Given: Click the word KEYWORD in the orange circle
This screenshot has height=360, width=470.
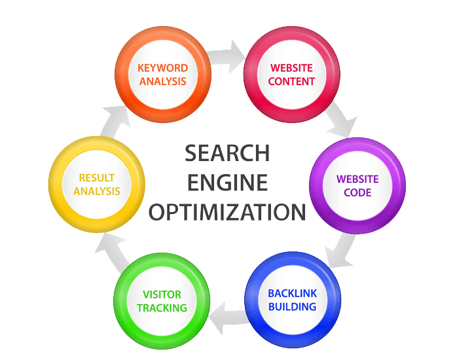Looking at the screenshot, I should (x=163, y=68).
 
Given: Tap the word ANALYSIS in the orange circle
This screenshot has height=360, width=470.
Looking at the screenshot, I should (x=163, y=82).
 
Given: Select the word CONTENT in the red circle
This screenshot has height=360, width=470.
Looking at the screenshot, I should (x=293, y=82).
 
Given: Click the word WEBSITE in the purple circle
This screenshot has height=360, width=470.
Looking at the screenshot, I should (x=357, y=179).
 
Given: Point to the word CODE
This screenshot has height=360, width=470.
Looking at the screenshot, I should (x=357, y=192).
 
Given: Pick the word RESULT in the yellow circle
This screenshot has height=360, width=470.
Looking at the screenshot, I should (x=97, y=177).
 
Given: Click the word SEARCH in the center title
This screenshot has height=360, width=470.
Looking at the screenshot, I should (x=226, y=153).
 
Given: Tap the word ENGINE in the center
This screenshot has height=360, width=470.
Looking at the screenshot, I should (x=226, y=182).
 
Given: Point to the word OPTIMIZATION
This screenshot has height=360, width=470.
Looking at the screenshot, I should (x=226, y=212).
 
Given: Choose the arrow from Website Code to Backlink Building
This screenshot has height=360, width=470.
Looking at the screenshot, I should (x=343, y=252).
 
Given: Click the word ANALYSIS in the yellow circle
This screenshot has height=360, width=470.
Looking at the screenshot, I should (x=97, y=191).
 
